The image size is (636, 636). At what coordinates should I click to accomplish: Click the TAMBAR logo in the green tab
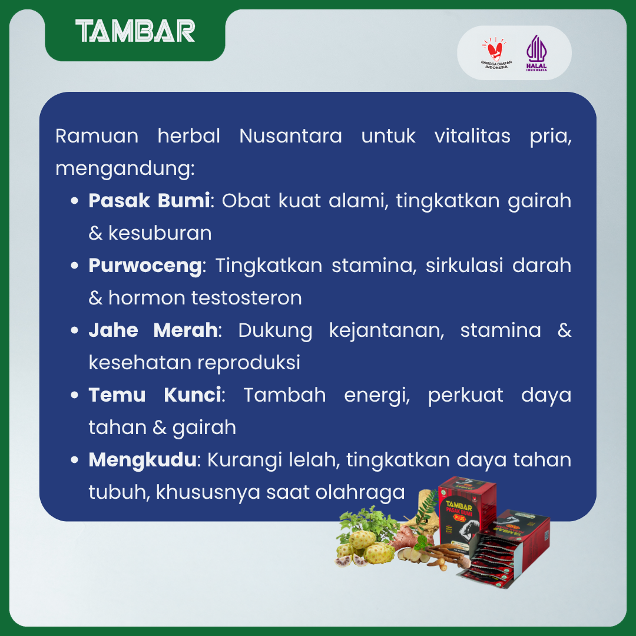[135, 31]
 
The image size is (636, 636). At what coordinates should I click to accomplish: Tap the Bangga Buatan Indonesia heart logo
[496, 53]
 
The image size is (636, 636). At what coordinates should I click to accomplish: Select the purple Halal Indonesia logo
[536, 53]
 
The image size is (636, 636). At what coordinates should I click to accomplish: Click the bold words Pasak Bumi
[149, 200]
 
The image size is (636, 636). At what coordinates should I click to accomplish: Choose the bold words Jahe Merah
[153, 330]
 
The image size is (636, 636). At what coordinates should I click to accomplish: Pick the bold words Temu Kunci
[155, 395]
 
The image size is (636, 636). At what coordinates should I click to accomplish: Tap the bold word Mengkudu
[143, 460]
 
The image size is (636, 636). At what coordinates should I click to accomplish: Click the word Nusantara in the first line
[290, 135]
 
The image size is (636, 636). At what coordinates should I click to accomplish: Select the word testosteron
[247, 298]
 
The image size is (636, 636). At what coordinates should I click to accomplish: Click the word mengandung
[125, 169]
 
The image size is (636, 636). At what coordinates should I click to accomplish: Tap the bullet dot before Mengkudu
[74, 460]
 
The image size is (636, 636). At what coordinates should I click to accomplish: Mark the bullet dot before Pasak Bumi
[74, 201]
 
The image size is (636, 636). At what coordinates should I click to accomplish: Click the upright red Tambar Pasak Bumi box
[466, 512]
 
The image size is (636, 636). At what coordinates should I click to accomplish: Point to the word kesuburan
[160, 233]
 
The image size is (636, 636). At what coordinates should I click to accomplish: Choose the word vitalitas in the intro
[472, 135]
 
